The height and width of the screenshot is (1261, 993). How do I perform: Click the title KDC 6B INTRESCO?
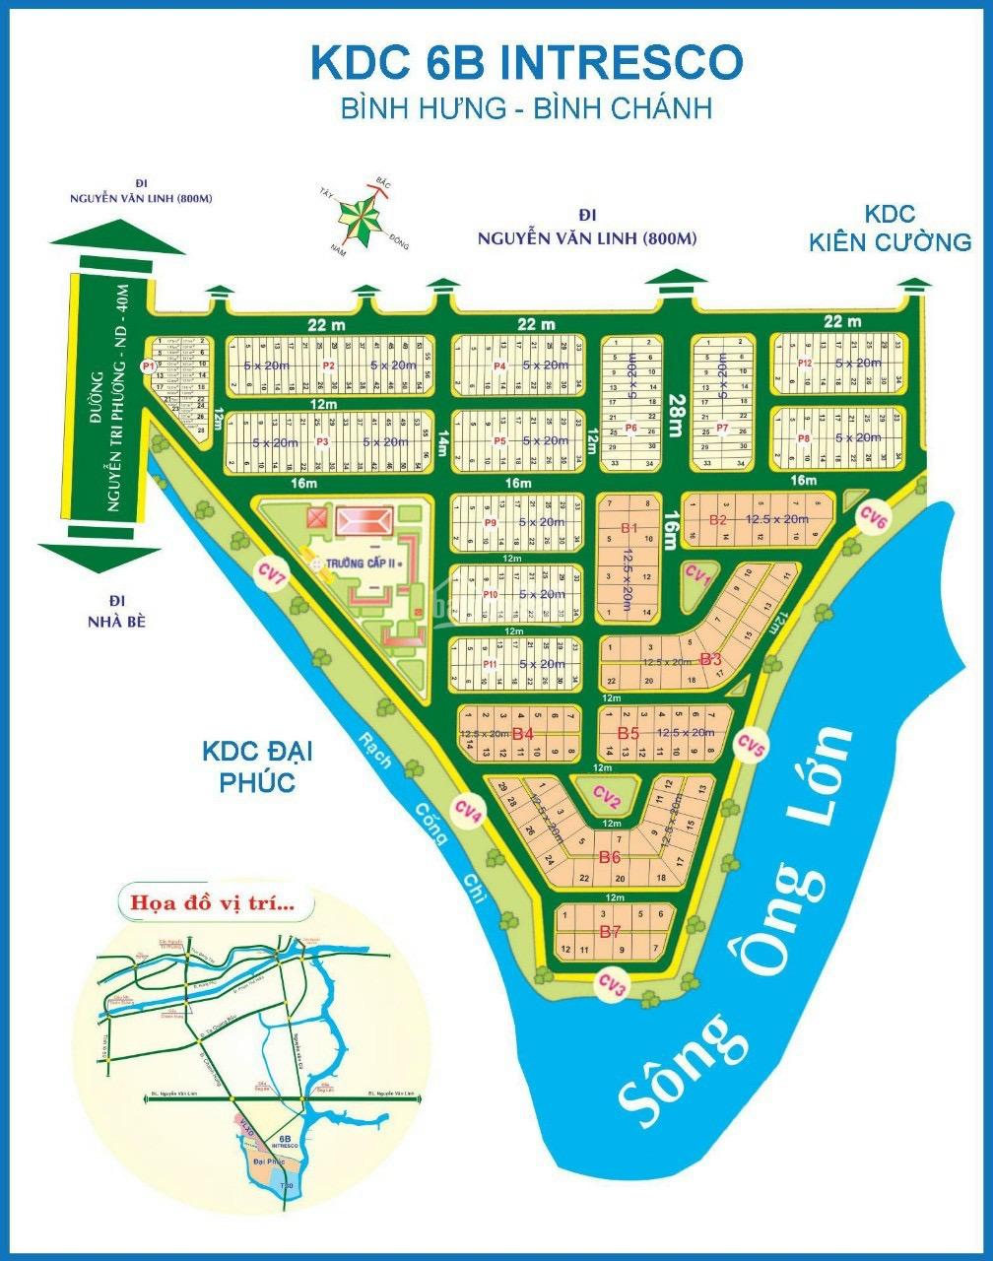(526, 61)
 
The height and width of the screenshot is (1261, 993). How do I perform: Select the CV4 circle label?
(468, 812)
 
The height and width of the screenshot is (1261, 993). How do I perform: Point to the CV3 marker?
(613, 983)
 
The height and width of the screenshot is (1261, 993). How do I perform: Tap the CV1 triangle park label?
(698, 574)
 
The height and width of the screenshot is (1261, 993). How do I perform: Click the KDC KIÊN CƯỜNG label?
(890, 228)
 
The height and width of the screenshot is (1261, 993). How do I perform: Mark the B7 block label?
(610, 931)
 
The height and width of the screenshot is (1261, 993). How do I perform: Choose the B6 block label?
(610, 857)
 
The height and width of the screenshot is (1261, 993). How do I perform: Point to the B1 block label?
(629, 529)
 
